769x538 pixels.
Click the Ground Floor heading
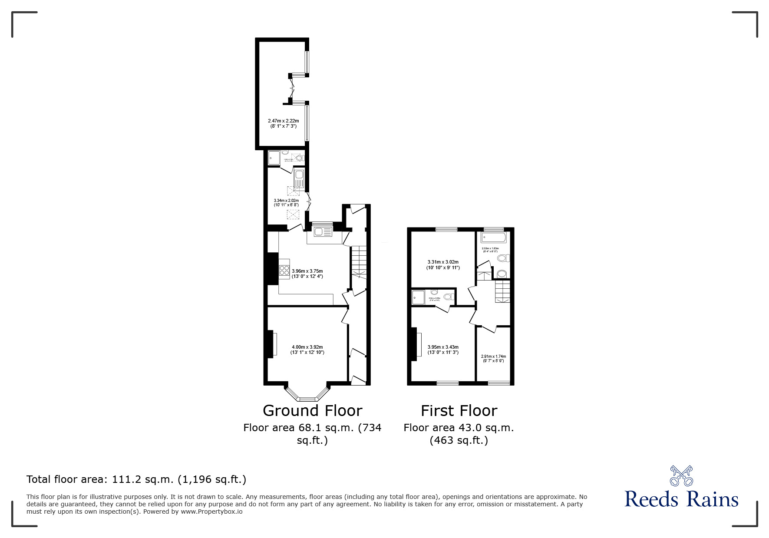312,410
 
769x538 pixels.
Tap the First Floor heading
459,410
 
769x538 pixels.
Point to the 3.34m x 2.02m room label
286,202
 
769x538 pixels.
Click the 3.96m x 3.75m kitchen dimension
307,273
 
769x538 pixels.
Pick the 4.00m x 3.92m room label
307,350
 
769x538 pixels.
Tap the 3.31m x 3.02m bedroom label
443,264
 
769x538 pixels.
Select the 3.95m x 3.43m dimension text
443,350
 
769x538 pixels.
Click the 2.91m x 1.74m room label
493,358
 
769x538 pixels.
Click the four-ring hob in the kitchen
284,271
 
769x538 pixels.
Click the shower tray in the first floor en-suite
419,298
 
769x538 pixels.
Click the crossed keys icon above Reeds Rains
681,475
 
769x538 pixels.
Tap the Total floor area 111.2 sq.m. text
136,479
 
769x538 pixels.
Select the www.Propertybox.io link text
211,512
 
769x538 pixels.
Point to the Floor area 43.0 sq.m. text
459,428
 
